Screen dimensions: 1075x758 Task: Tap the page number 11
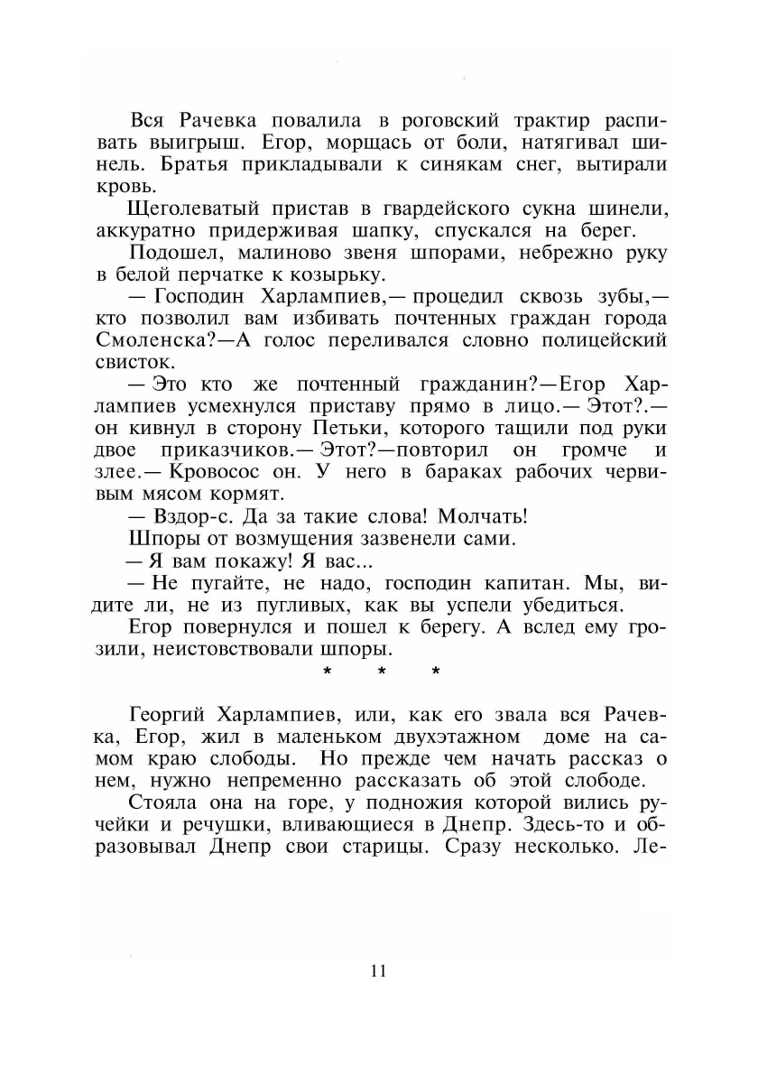coord(378,971)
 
